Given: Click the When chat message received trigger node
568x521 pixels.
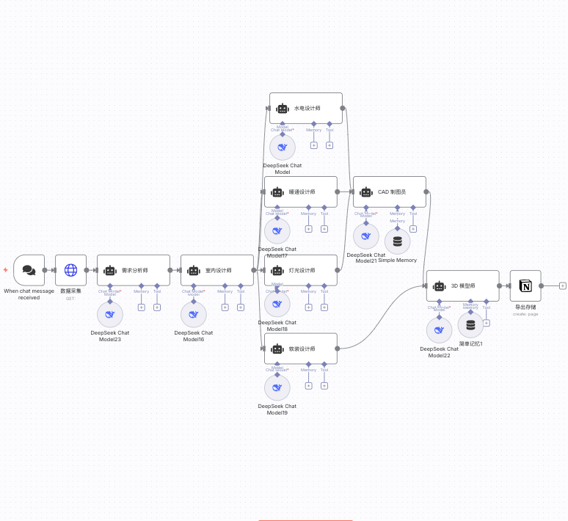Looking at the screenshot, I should point(29,270).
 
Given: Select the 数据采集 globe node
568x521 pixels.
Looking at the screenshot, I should point(70,270).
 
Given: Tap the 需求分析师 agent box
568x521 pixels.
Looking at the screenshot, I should point(134,270).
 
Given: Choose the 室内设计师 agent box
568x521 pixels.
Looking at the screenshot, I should point(217,270).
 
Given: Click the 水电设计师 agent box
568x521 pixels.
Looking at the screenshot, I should point(305,108).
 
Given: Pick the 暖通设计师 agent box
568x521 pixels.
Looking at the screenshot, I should point(301,192).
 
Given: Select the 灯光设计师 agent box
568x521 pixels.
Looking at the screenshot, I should point(301,270).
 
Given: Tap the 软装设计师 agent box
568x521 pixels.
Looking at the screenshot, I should point(301,349).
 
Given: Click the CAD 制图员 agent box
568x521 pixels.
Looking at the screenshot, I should point(390,192).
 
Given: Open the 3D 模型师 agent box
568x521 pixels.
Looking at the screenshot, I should point(462,285).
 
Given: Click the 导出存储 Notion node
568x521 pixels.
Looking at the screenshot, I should point(525,285).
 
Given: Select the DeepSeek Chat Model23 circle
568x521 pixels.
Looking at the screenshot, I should point(110,315).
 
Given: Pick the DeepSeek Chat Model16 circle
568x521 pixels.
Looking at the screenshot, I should point(194,315).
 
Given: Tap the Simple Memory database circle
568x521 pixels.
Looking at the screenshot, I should point(398,241).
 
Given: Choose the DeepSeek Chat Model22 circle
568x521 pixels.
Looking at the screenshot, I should point(439,330).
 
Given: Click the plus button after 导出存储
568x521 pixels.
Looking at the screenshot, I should point(563,285).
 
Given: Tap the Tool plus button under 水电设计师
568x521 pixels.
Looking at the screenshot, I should point(329,145).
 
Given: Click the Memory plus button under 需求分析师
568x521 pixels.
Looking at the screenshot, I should point(142,307).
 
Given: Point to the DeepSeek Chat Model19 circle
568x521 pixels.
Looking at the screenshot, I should point(277,387).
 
